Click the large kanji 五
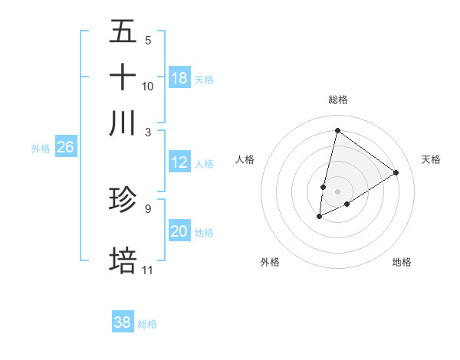[123, 33]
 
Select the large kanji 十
[123, 77]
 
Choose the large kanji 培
[123, 260]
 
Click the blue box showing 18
[179, 78]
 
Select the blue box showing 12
[179, 162]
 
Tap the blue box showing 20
[179, 231]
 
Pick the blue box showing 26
[65, 148]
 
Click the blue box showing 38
[123, 322]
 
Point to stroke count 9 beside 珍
[147, 208]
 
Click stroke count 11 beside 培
[148, 270]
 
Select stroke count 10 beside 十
[148, 86]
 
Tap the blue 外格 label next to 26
[41, 149]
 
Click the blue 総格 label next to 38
[147, 324]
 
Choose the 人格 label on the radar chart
[245, 159]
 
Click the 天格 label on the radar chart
[431, 159]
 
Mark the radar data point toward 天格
[396, 172]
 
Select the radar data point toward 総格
[337, 130]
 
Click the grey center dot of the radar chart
[337, 191]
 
